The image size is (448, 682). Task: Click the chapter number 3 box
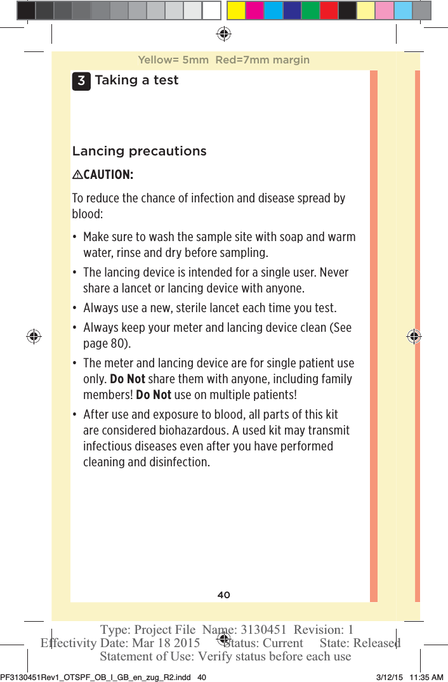point(81,81)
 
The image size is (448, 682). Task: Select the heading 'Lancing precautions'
point(139,152)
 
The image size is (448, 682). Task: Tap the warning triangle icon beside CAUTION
point(77,175)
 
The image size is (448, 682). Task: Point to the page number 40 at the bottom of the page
point(223,595)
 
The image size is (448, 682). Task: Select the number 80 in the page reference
point(117,344)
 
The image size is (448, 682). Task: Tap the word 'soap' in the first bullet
point(289,237)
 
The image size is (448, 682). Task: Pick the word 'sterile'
point(185,308)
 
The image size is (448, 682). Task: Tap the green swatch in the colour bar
point(310,10)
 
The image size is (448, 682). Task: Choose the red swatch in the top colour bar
point(329,10)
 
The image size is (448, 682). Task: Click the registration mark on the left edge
point(34,337)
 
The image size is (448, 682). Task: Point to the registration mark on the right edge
point(414,337)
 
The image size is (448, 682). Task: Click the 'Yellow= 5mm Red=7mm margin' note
point(223,60)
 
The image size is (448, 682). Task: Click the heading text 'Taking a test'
point(136,81)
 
